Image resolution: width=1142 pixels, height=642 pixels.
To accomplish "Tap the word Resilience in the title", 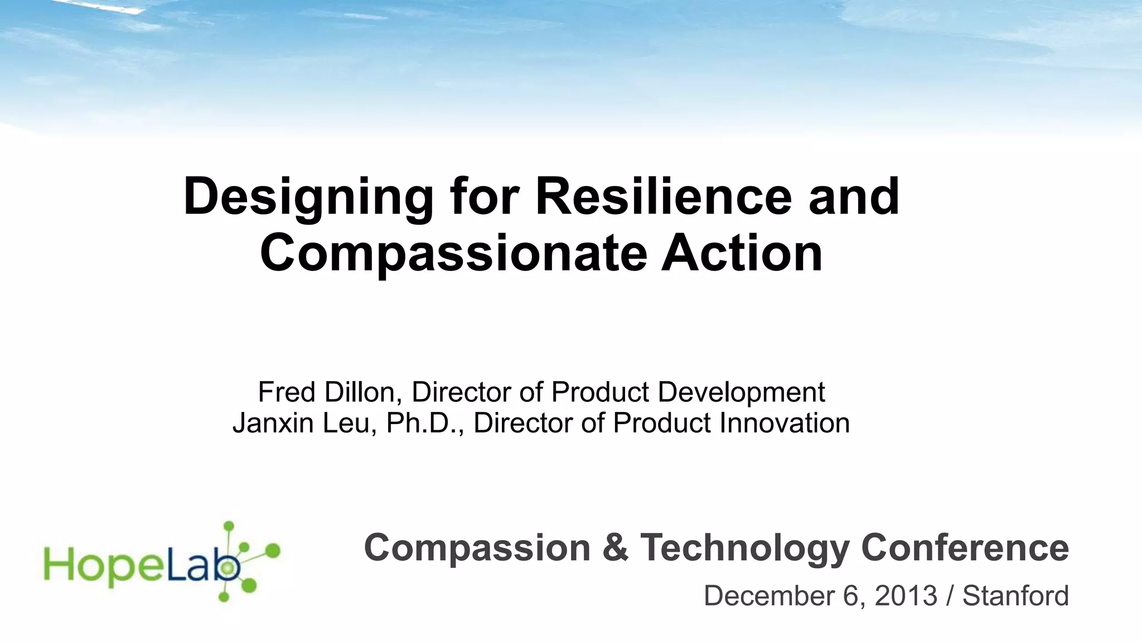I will [664, 197].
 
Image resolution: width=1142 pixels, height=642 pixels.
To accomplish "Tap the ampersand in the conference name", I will [614, 548].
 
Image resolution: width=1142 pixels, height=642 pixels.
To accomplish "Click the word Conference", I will [965, 548].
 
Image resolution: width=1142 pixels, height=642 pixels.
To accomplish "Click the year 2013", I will [906, 596].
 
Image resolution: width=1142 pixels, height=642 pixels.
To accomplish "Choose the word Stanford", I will [1015, 596].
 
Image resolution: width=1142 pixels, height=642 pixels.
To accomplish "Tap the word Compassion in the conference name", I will [477, 548].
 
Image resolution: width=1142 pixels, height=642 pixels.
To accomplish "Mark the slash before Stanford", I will [950, 596].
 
